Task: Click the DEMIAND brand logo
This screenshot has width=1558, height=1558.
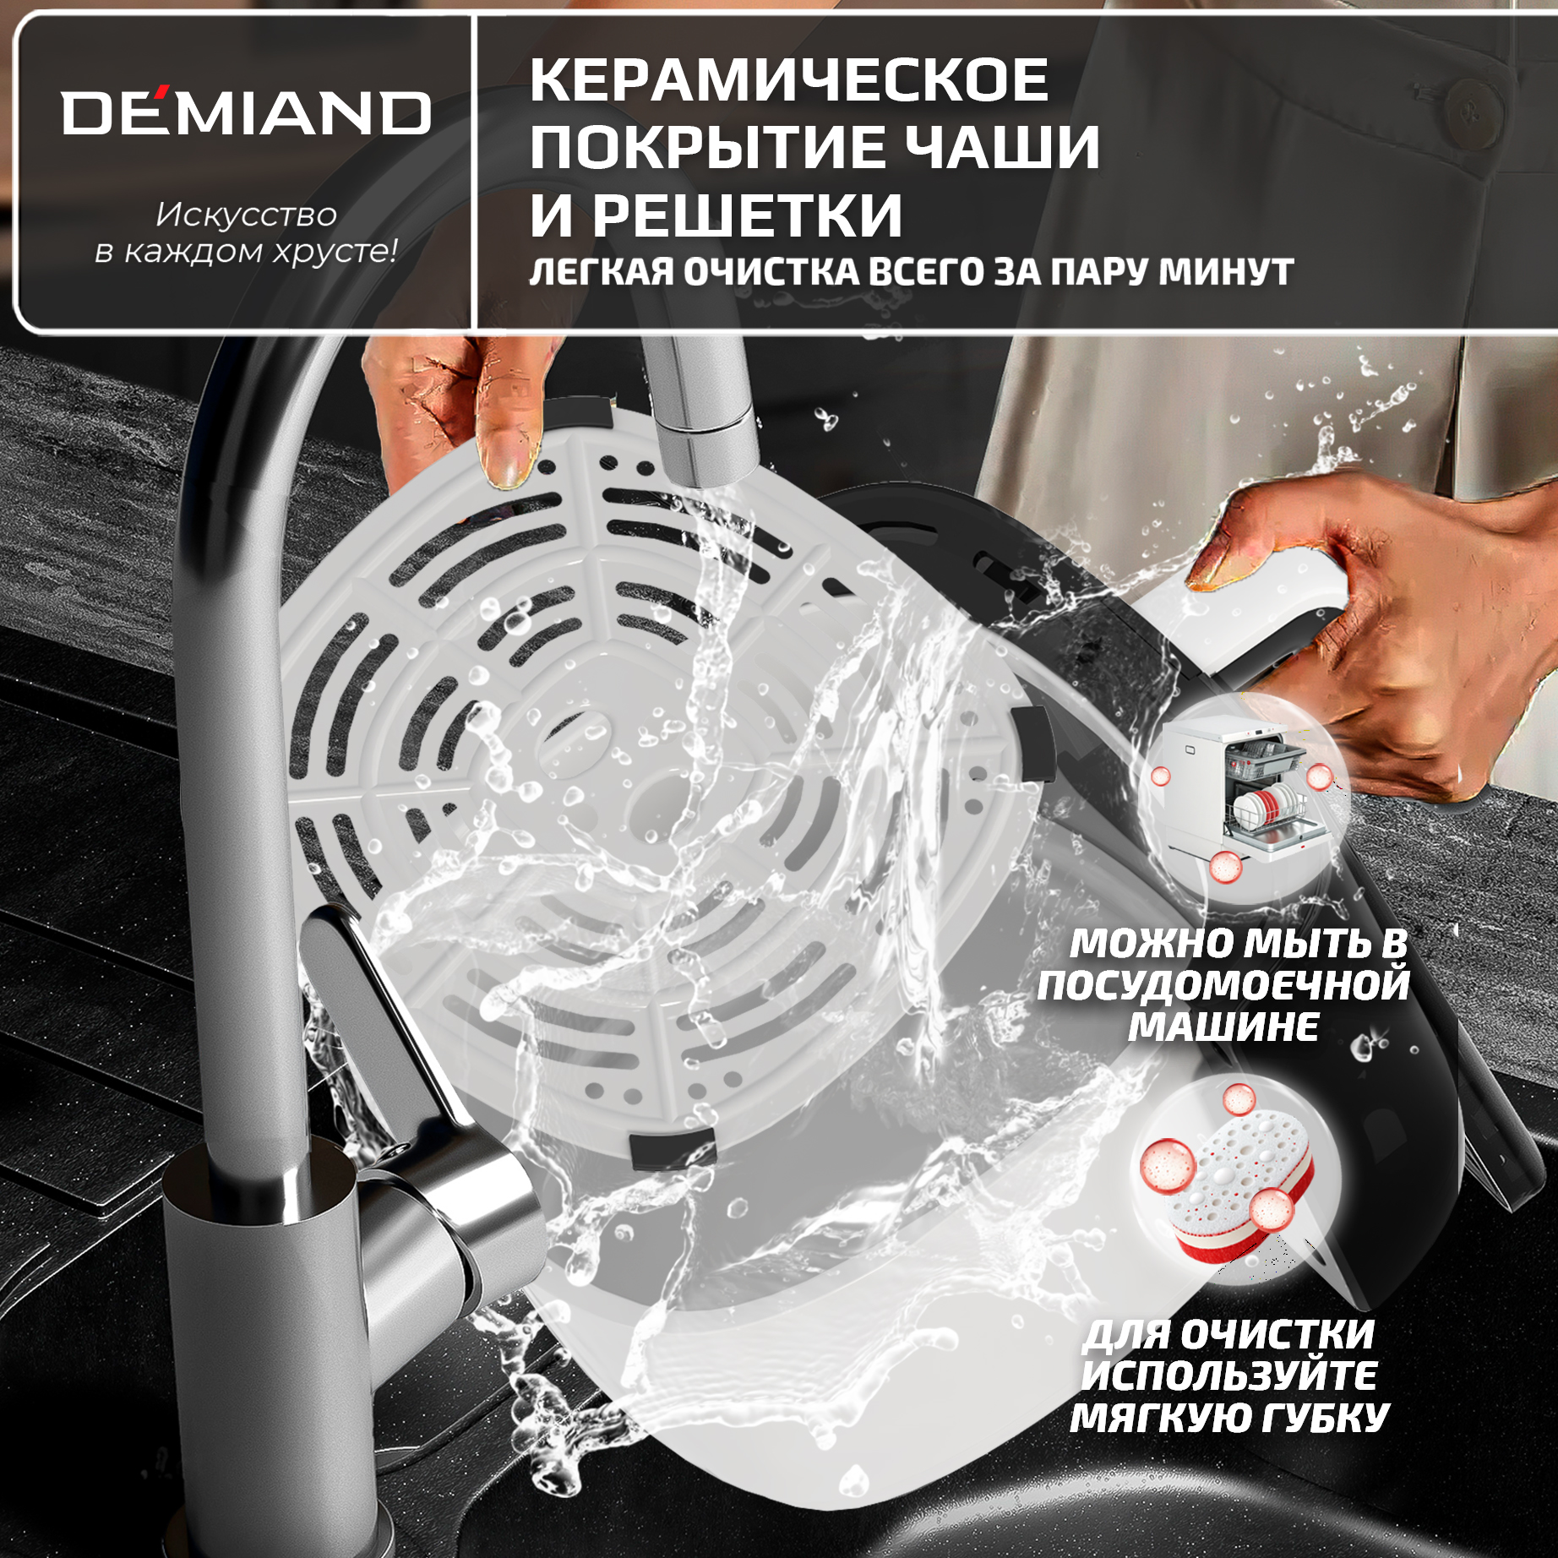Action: coord(246,112)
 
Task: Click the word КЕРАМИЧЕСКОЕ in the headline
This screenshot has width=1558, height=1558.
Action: coord(789,80)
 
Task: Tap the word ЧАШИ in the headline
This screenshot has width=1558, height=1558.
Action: coord(1003,147)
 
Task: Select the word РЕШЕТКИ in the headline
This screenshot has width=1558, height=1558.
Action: coord(747,215)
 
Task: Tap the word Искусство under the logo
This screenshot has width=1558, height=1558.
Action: coord(246,215)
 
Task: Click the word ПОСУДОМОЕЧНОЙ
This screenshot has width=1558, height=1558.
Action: coord(1223,986)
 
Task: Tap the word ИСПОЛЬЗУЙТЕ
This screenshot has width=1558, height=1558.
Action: coord(1229,1376)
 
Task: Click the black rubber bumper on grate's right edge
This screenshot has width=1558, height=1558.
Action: coord(1034,744)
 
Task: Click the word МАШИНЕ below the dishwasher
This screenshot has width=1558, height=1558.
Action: coord(1223,1027)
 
